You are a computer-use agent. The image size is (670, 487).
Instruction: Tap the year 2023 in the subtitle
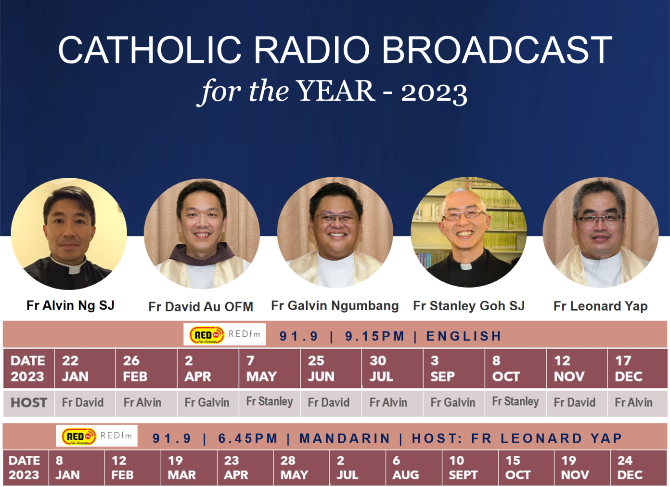[434, 92]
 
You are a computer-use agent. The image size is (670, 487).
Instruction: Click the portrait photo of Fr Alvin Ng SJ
[69, 234]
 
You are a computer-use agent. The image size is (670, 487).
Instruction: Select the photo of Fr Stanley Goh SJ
[468, 232]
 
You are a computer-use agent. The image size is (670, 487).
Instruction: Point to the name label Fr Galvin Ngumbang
[335, 305]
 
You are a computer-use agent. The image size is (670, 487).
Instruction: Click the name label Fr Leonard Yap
[600, 306]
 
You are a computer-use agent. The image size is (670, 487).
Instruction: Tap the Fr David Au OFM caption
[200, 306]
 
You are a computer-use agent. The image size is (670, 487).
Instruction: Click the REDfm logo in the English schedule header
[225, 334]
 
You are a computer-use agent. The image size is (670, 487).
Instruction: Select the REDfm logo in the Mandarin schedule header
[97, 436]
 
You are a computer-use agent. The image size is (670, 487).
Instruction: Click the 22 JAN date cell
[85, 369]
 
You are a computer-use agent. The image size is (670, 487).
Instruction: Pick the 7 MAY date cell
[270, 369]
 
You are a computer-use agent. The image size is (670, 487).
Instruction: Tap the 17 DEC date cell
[636, 369]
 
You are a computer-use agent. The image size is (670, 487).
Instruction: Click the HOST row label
[29, 402]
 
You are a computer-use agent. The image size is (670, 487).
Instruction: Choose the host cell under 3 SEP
[453, 402]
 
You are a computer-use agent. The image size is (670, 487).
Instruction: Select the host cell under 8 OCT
[515, 402]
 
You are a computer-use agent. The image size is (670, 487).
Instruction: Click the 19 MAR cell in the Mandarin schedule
[189, 468]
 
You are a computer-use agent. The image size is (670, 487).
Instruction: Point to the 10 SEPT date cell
[470, 468]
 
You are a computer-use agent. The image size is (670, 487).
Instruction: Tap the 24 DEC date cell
[638, 468]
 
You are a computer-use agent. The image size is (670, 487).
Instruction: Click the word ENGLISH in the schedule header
[464, 336]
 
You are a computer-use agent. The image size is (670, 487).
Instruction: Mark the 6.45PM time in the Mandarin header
[248, 438]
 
